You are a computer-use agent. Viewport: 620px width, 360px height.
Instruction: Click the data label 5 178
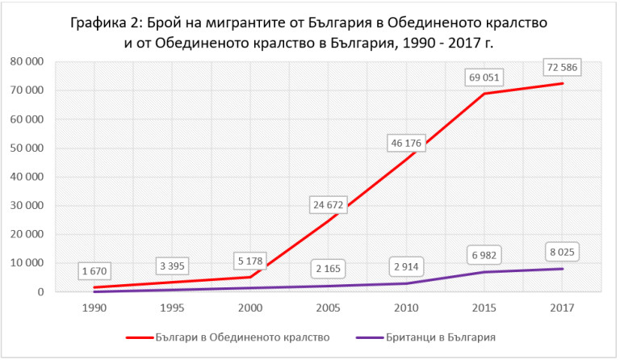251,262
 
